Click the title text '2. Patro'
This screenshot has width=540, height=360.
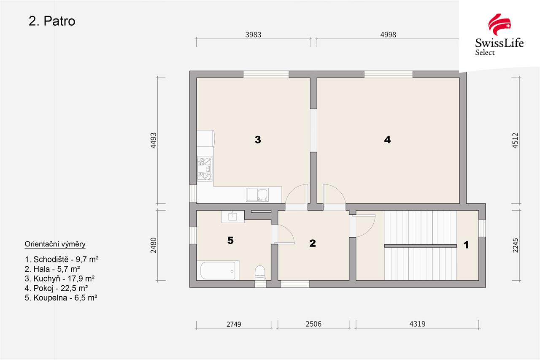pyautogui.click(x=52, y=21)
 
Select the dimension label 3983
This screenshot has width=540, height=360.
pyautogui.click(x=253, y=35)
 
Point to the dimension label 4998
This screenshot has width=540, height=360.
pyautogui.click(x=388, y=35)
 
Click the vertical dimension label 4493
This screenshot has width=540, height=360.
pyautogui.click(x=153, y=141)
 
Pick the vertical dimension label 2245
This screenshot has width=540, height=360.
pyautogui.click(x=515, y=245)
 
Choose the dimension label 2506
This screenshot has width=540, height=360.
pyautogui.click(x=313, y=324)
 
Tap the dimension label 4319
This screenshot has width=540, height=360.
pyautogui.click(x=417, y=324)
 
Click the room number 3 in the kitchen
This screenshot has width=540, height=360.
pyautogui.click(x=258, y=140)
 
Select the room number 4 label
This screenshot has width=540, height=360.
pyautogui.click(x=387, y=139)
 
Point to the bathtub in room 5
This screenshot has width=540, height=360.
pyautogui.click(x=218, y=271)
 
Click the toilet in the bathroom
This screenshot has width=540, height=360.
pyautogui.click(x=260, y=273)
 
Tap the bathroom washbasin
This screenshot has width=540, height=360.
pyautogui.click(x=233, y=217)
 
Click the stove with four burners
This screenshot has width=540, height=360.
pyautogui.click(x=205, y=169)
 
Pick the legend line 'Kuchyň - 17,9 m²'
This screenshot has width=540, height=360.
pyautogui.click(x=59, y=279)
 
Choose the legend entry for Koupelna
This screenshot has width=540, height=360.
pyautogui.click(x=61, y=298)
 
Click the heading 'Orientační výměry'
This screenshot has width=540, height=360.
pyautogui.click(x=55, y=244)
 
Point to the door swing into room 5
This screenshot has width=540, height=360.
pyautogui.click(x=286, y=234)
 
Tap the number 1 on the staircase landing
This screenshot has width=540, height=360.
pyautogui.click(x=466, y=245)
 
